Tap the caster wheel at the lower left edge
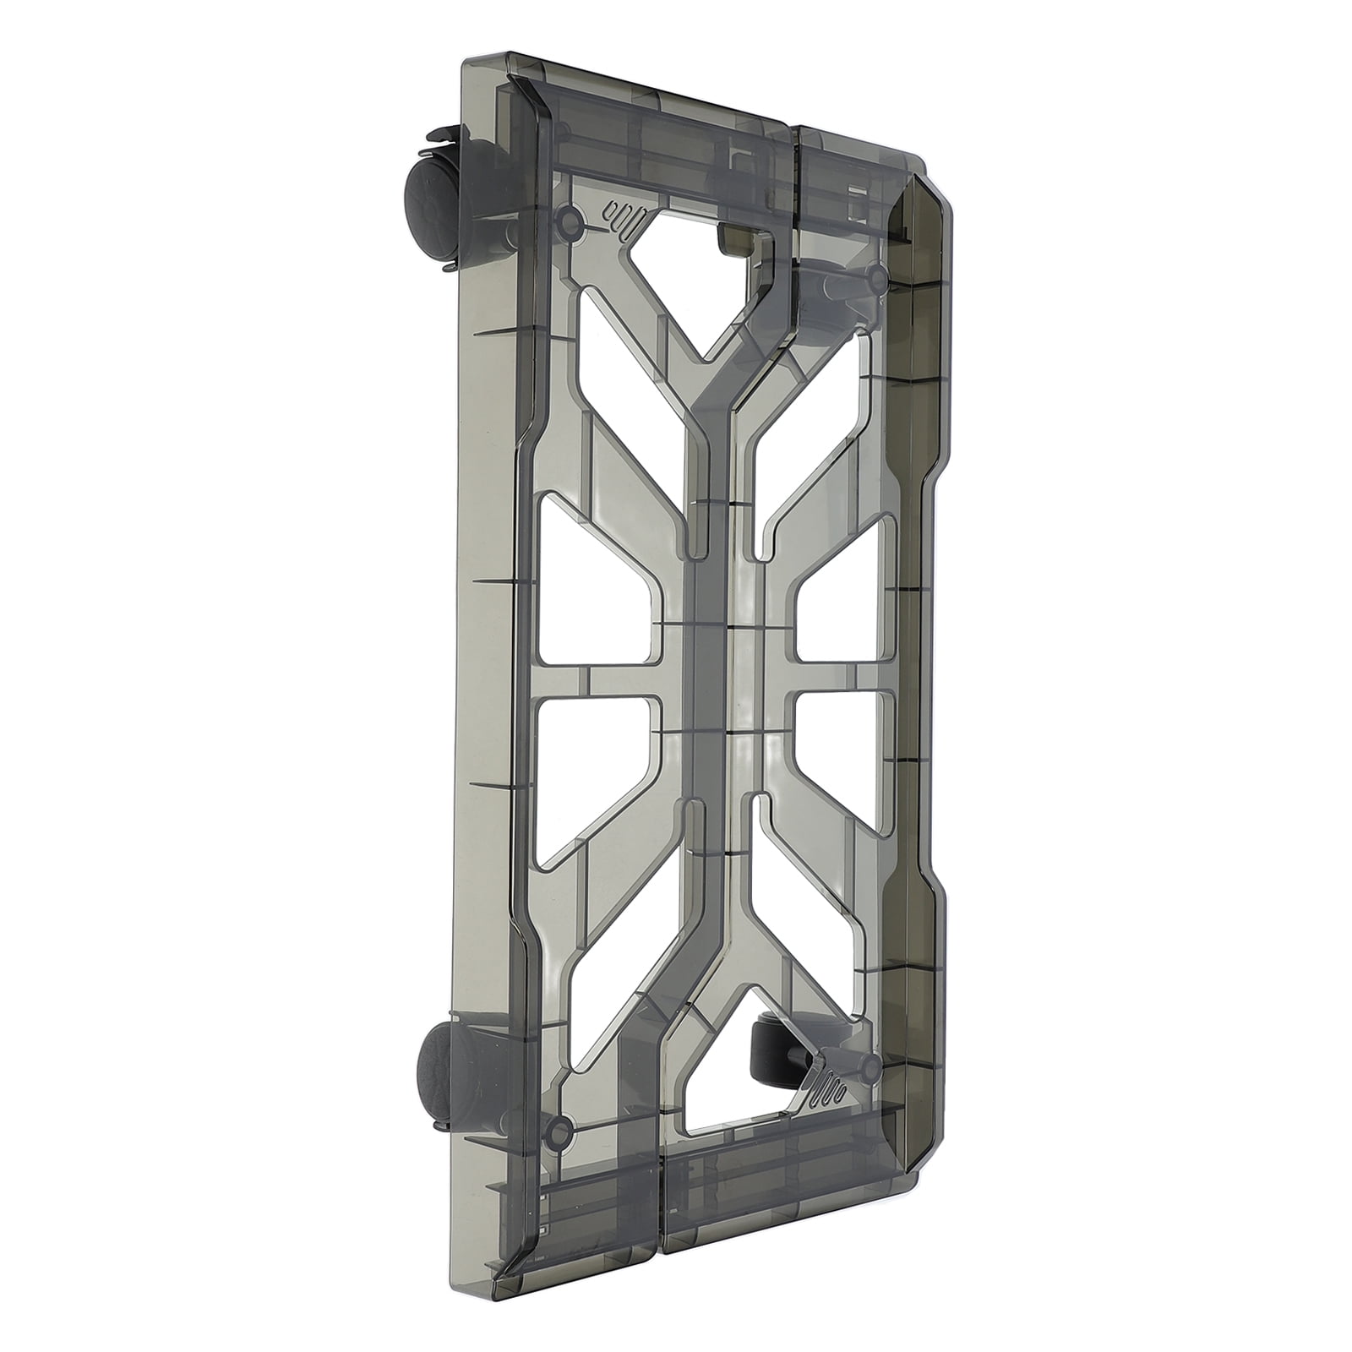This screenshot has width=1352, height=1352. tap(439, 1059)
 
